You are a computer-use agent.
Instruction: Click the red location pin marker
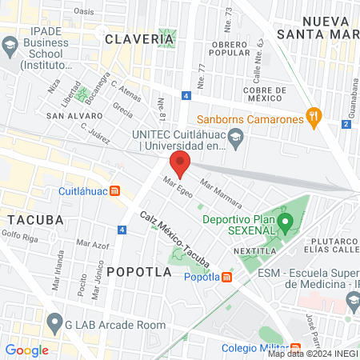pyautogui.click(x=181, y=165)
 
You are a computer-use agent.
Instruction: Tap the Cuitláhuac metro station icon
pyautogui.click(x=115, y=191)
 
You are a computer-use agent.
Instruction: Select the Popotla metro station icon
pyautogui.click(x=226, y=277)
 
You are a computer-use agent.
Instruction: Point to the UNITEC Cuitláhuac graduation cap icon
pyautogui.click(x=236, y=139)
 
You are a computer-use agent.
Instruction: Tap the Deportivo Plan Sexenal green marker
pyautogui.click(x=282, y=227)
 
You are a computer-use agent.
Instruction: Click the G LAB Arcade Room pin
pyautogui.click(x=54, y=324)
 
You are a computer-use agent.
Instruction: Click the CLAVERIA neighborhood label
pyautogui.click(x=128, y=38)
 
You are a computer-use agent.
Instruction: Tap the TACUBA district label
pyautogui.click(x=30, y=219)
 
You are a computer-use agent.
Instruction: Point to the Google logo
pyautogui.click(x=27, y=350)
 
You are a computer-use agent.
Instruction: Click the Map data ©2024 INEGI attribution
pyautogui.click(x=312, y=354)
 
